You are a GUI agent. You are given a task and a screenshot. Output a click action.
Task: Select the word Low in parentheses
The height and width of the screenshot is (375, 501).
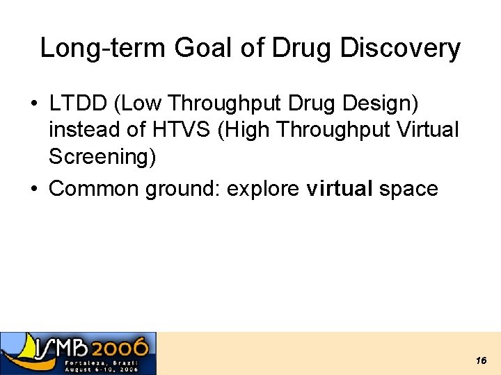[143, 103]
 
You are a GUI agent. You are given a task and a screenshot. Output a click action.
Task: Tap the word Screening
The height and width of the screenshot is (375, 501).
[102, 157]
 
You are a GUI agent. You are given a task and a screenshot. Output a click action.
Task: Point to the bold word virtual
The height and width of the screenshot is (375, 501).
[340, 188]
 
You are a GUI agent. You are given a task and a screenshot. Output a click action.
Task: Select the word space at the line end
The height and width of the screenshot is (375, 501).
[408, 188]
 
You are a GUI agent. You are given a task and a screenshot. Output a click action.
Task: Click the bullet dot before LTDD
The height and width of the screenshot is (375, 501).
[33, 104]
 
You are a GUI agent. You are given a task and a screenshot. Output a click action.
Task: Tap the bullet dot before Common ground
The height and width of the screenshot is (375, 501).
[33, 189]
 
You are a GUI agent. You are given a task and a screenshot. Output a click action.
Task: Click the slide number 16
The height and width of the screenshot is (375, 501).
[481, 360]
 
